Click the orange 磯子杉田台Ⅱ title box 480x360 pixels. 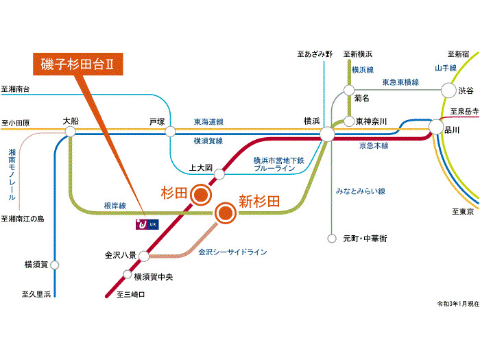[78, 64]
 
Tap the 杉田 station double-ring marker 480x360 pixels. [201, 195]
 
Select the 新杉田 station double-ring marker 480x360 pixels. [226, 213]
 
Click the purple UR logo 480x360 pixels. [147, 224]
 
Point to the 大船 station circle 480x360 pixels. [70, 132]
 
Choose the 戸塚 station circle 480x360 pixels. [170, 132]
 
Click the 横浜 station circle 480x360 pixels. [327, 134]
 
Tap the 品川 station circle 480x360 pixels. [435, 127]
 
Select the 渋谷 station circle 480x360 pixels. [448, 91]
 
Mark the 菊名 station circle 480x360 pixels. [349, 91]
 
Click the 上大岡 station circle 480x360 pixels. [219, 174]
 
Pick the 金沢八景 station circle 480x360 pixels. [144, 256]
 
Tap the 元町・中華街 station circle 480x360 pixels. [332, 239]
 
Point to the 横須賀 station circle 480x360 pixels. [54, 265]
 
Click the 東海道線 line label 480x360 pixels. [208, 122]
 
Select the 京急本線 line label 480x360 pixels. [374, 145]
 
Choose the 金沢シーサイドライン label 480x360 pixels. [232, 252]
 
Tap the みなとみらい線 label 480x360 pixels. [360, 191]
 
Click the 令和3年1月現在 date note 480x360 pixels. [458, 304]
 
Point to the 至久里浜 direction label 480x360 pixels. [36, 294]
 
